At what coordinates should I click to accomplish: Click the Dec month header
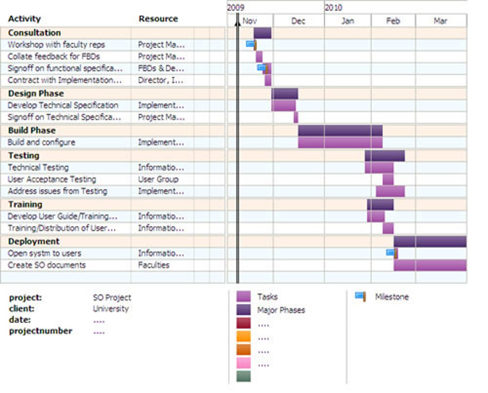pos(298,21)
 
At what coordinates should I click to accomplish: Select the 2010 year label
pos(333,7)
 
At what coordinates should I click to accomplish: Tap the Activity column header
pos(24,19)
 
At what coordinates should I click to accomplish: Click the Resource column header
pos(158,19)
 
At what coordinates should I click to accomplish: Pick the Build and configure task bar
pos(340,142)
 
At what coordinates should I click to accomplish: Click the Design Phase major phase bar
pos(285,94)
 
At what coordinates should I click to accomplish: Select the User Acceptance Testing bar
pos(388,179)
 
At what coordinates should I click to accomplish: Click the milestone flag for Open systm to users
pos(392,253)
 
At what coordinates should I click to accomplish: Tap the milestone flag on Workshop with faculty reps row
pos(251,44)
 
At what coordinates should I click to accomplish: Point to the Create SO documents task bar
pos(430,265)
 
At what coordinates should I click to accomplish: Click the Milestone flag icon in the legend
pos(360,296)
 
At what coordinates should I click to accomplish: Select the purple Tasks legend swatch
pos(243,296)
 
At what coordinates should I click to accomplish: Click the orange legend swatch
pos(243,336)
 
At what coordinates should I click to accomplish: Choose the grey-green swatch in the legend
pos(243,376)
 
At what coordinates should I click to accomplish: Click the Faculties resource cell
pos(154,265)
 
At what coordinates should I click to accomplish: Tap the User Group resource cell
pos(158,179)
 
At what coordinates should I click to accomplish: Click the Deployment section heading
pos(34,241)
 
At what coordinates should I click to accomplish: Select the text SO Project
pos(112,297)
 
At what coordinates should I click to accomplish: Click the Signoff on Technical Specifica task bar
pos(296,117)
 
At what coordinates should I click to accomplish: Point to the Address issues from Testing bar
pos(390,191)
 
